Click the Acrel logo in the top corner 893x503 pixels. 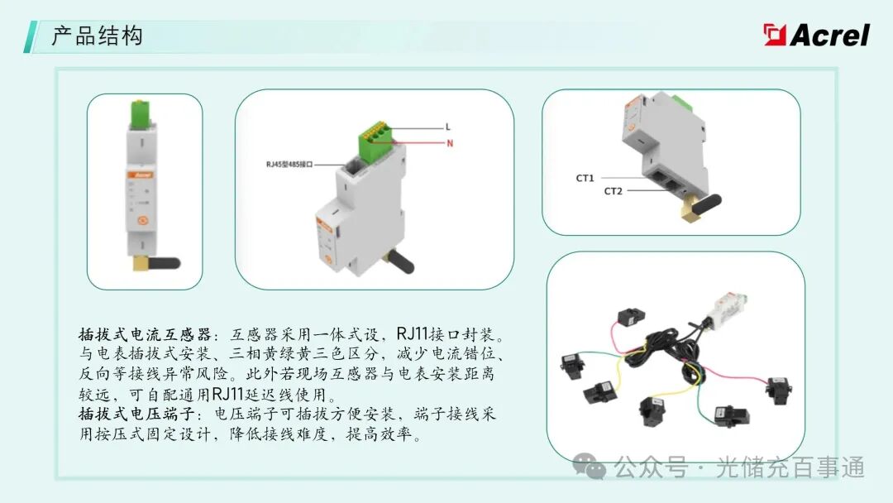point(816,35)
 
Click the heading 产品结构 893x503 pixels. point(97,36)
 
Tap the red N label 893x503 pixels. point(450,143)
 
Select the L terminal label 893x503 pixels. point(447,127)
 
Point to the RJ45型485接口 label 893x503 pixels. point(289,164)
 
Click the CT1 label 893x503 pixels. point(585,179)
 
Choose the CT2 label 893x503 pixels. point(614,191)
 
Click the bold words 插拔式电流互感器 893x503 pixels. point(145,334)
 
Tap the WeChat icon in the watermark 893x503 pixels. point(589,467)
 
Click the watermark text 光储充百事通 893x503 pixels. point(790,467)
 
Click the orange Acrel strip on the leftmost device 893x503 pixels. point(140,175)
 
